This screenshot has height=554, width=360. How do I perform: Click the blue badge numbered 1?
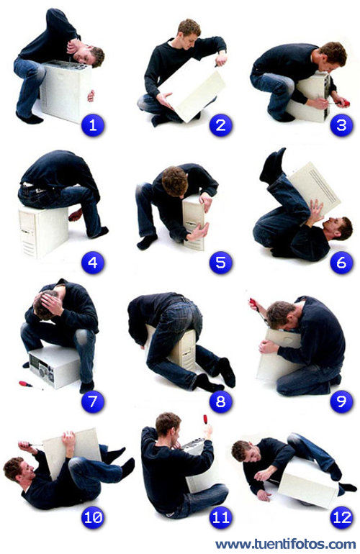click(93, 125)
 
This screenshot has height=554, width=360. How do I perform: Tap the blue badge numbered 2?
click(220, 125)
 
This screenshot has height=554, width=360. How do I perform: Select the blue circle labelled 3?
click(341, 125)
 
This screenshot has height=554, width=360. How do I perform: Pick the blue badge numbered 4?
click(93, 263)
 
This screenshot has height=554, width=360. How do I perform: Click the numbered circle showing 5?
click(220, 263)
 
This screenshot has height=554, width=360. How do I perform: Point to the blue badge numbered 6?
click(341, 263)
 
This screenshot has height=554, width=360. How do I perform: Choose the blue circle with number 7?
click(93, 401)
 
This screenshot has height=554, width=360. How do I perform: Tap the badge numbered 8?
click(220, 401)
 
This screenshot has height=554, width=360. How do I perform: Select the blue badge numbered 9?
click(341, 401)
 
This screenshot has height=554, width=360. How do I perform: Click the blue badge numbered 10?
click(93, 517)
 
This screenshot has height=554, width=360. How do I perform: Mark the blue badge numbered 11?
click(220, 517)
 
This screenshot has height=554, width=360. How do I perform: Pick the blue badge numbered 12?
click(341, 517)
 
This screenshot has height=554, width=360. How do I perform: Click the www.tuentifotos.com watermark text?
click(286, 544)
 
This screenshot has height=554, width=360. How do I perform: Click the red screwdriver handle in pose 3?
click(345, 103)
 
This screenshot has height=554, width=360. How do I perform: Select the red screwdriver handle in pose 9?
click(253, 302)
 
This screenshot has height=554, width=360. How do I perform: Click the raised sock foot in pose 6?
click(272, 165)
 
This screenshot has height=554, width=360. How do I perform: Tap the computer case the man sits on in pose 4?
click(43, 231)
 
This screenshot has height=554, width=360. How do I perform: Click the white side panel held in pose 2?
click(192, 91)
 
